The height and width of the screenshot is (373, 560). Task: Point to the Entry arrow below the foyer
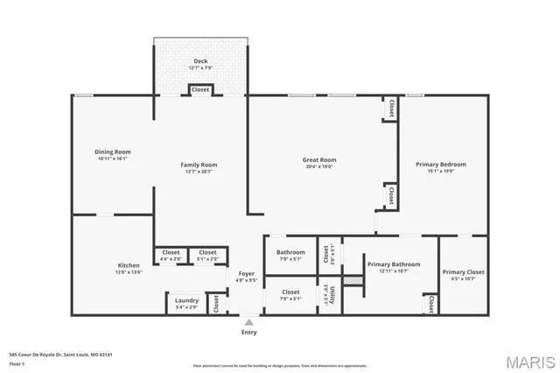tap(249, 320)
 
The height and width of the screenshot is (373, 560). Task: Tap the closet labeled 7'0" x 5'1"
tap(290, 294)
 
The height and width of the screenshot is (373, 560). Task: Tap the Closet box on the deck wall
tap(200, 89)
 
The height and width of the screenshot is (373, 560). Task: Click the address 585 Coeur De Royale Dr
tap(61, 355)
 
